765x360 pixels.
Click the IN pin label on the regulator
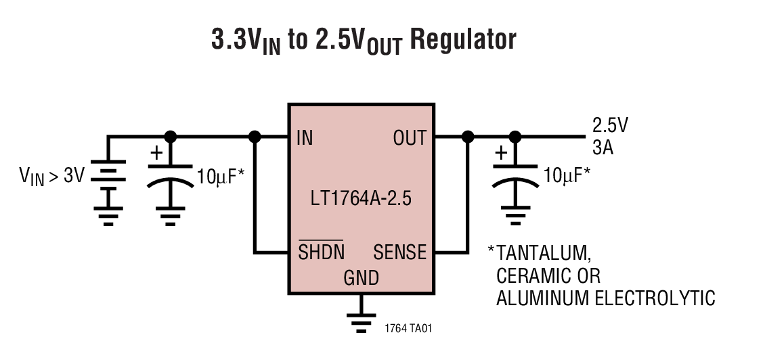pyautogui.click(x=305, y=138)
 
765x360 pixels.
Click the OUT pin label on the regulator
pyautogui.click(x=410, y=138)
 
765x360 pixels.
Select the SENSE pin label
pyautogui.click(x=400, y=252)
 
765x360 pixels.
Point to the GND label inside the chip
pyautogui.click(x=361, y=278)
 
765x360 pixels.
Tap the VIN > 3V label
pyautogui.click(x=51, y=177)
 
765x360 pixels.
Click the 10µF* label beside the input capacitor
pyautogui.click(x=220, y=177)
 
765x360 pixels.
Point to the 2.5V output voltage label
pyautogui.click(x=610, y=125)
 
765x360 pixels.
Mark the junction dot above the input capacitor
pyautogui.click(x=170, y=137)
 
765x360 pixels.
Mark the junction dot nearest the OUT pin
pyautogui.click(x=466, y=137)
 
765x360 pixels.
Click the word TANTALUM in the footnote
pyautogui.click(x=544, y=253)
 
